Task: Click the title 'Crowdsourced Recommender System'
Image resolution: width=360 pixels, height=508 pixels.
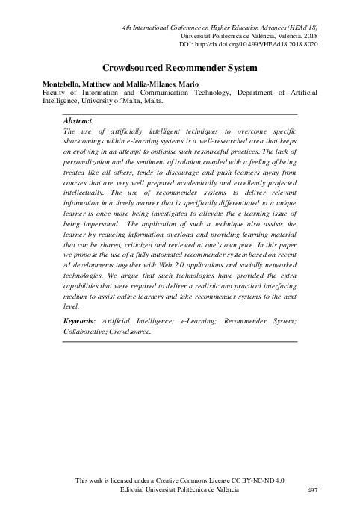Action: (x=180, y=68)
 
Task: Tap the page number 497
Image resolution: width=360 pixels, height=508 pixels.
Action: (x=313, y=489)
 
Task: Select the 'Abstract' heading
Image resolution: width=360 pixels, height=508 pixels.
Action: (x=78, y=120)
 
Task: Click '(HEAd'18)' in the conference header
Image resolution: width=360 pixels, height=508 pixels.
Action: (x=299, y=28)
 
